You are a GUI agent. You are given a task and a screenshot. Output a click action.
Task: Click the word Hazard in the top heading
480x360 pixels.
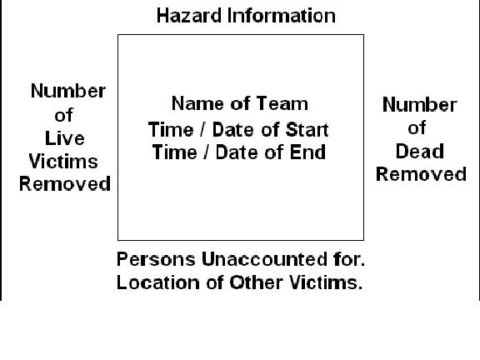[x=189, y=16]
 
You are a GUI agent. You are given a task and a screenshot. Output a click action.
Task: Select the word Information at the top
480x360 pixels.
[x=282, y=16]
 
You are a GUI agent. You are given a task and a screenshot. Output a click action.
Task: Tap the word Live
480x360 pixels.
[x=65, y=138]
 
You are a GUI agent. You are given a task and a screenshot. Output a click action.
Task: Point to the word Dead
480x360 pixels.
[x=420, y=151]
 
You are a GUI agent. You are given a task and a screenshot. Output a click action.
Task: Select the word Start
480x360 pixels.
[x=307, y=129]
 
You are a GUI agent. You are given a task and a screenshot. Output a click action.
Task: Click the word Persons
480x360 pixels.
[x=156, y=259]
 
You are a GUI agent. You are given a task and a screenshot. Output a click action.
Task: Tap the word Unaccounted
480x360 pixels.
[x=264, y=259]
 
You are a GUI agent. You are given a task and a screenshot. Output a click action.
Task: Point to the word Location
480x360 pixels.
[x=158, y=282]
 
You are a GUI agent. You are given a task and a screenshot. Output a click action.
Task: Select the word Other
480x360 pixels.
[x=256, y=282]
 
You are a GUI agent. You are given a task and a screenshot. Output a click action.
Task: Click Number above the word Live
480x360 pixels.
[x=68, y=91]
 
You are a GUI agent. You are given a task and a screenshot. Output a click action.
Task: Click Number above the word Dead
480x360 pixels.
[x=420, y=105]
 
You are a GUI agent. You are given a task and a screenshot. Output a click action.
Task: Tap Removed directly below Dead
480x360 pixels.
[x=421, y=174]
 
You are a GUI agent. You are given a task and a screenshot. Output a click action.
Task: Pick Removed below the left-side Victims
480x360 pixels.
[x=65, y=184]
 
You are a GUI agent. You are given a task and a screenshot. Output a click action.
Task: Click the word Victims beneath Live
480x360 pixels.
[x=63, y=162]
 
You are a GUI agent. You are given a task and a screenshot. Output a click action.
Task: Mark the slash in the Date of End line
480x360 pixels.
[x=207, y=152]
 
